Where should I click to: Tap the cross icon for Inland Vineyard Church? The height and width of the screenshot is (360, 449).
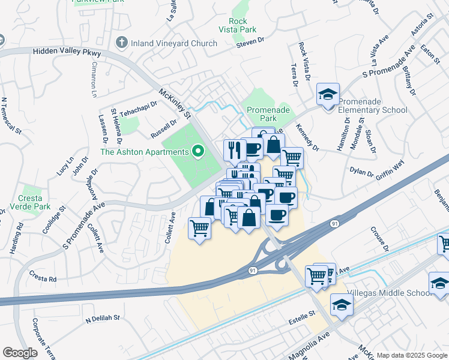122,43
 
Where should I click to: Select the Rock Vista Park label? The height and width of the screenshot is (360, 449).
239,25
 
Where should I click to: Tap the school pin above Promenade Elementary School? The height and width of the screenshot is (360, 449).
328,94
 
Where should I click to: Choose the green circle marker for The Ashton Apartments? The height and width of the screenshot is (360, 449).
197,152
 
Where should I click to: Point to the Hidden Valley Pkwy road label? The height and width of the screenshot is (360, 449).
67,53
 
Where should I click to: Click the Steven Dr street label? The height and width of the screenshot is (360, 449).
250,41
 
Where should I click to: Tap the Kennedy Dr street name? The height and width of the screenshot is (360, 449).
307,137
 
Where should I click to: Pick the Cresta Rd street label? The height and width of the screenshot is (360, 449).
44,279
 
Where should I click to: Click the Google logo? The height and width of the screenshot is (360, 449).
20,353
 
